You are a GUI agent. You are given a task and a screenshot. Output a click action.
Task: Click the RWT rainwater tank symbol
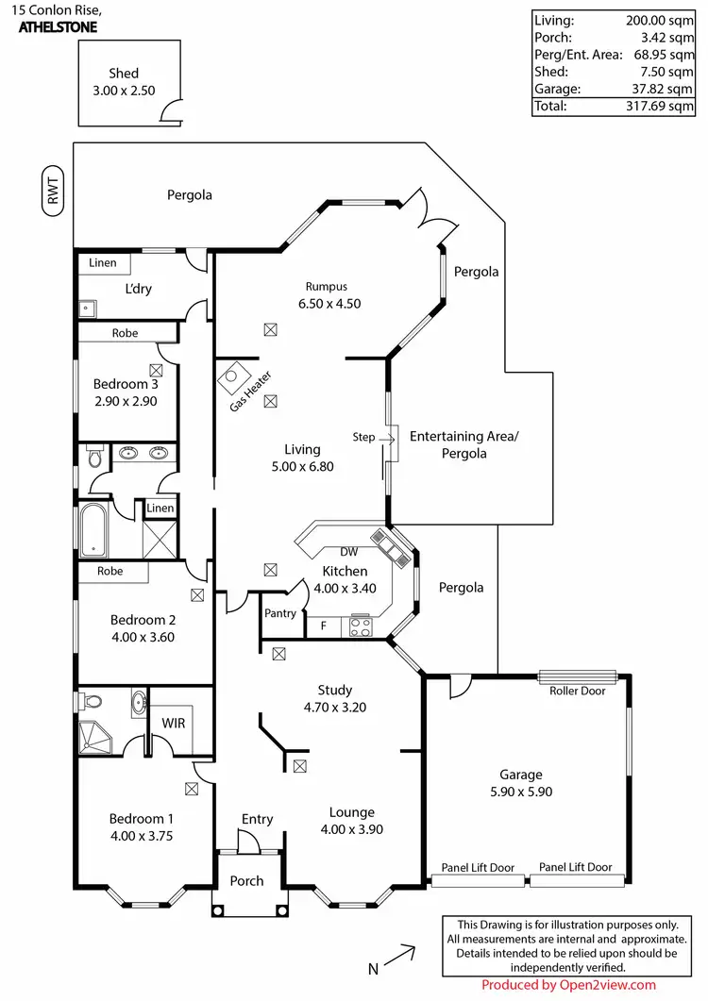(x=54, y=192)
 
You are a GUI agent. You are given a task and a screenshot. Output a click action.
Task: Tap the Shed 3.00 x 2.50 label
(x=124, y=82)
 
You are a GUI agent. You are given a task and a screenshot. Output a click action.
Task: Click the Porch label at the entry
(x=247, y=881)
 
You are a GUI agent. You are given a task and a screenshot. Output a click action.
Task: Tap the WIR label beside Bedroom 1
(x=173, y=722)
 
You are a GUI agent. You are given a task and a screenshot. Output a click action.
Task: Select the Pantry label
(x=280, y=613)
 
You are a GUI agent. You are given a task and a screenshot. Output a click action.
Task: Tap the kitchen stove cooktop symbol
(x=361, y=626)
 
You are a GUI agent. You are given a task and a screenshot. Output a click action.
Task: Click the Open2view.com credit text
(x=568, y=985)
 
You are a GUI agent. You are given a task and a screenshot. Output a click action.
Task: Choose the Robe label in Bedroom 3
(x=125, y=333)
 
